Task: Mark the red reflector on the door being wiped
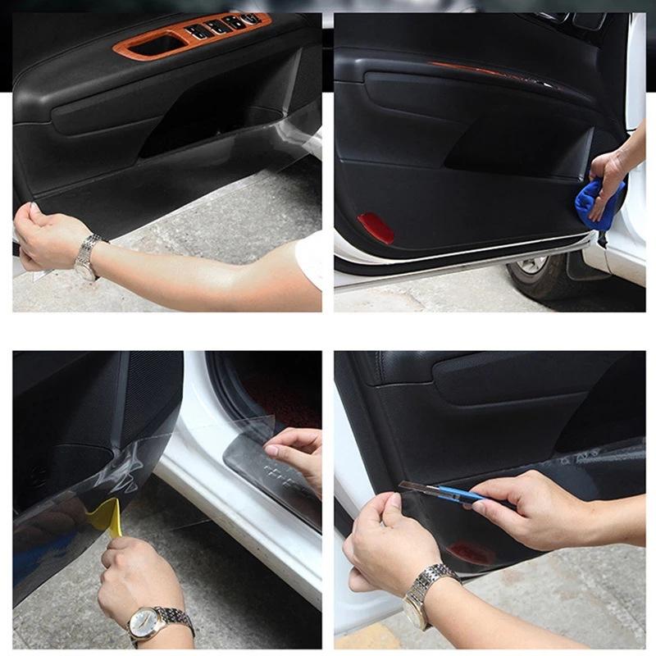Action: [x=376, y=228]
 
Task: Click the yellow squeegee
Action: [x=107, y=517]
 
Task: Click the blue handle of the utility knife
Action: [x=459, y=494]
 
